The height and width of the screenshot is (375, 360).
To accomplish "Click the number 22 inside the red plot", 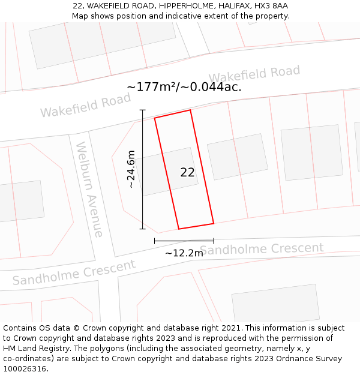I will pos(187,172).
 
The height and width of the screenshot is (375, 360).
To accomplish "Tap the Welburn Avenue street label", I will pos(90,189).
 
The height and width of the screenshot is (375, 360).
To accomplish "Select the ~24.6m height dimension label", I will pos(131,170).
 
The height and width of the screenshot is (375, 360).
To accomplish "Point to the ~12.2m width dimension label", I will pos(184,253).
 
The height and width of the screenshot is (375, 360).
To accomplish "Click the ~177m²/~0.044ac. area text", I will pos(184,86).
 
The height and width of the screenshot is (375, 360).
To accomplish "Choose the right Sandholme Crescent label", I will pos(262,248).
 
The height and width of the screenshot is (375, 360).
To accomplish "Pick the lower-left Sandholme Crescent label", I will pos(74,272).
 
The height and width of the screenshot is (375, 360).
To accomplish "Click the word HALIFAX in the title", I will pos(232,5).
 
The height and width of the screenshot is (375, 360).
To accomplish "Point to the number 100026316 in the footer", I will pos(24,368).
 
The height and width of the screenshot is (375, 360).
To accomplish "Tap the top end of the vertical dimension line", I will pos(143,110).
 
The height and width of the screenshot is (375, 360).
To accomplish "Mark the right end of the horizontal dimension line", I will pos(214,241).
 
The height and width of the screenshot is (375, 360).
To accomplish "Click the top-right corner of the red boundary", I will pos(190,110).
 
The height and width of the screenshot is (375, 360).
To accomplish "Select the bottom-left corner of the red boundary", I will pos(179,229).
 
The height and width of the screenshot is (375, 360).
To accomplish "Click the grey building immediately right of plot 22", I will pos(238,156).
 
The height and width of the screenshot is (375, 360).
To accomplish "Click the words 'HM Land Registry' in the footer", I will pos(32,348).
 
